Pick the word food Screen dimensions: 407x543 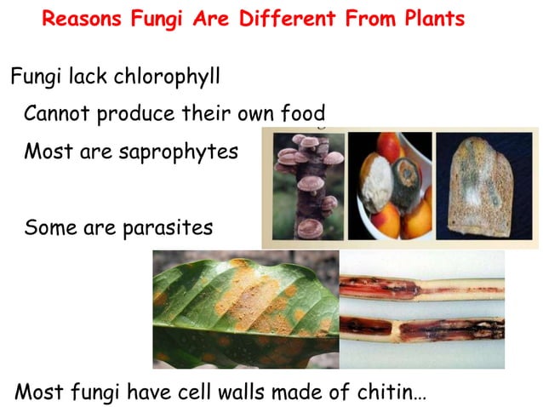tap(302, 113)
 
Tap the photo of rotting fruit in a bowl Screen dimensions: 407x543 tap(389, 186)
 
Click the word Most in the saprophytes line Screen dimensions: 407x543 tap(47, 152)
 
